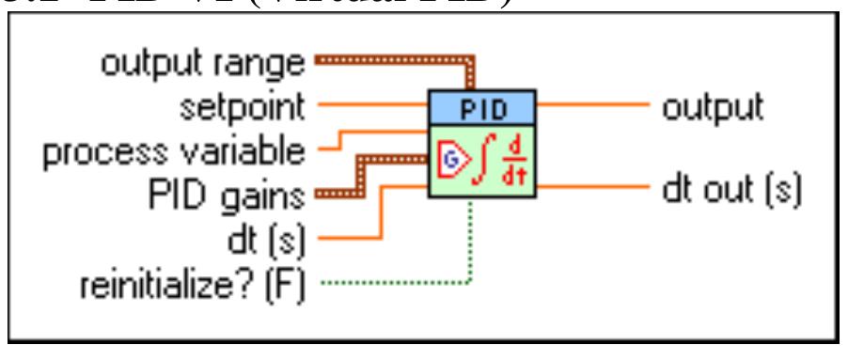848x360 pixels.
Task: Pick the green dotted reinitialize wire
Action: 395,280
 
